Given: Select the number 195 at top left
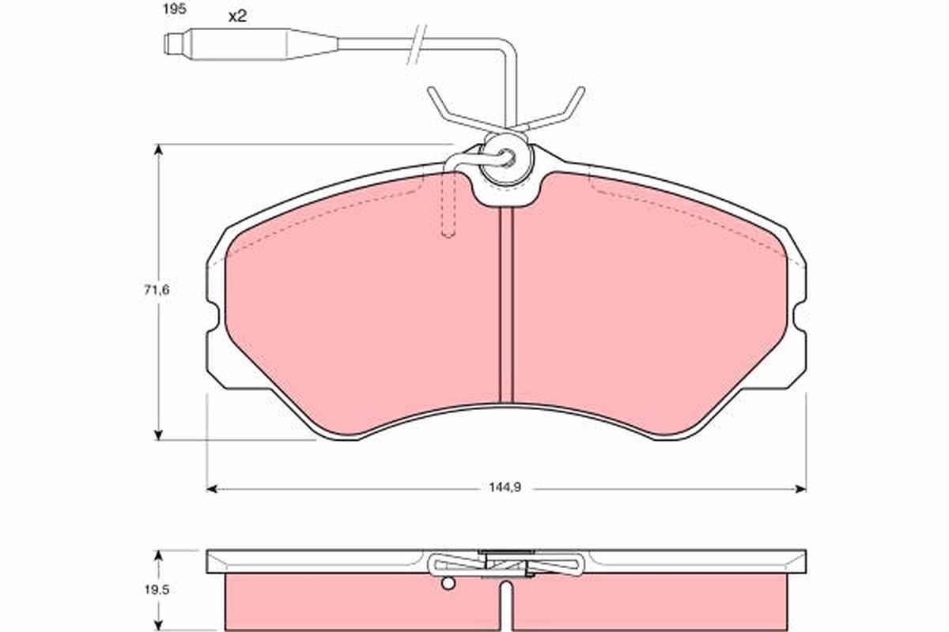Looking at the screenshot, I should click(x=174, y=10).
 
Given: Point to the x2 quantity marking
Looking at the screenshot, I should click(x=237, y=16).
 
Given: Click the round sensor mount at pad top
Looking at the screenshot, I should click(x=506, y=160).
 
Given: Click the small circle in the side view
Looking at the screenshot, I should click(x=448, y=584).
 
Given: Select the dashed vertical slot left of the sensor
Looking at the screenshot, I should click(x=448, y=205).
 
